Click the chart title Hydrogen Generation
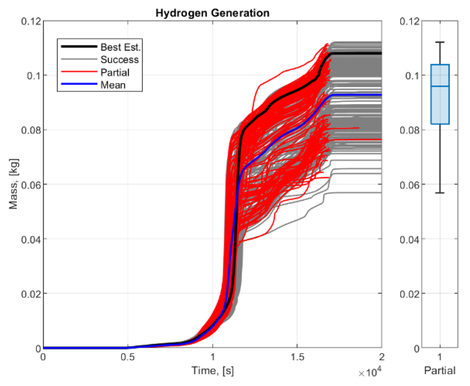click(212, 13)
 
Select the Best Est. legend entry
click(120, 47)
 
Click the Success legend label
click(120, 60)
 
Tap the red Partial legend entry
click(115, 73)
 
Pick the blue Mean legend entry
click(113, 85)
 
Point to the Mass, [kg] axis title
click(13, 184)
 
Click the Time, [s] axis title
click(212, 370)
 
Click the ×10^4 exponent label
click(369, 372)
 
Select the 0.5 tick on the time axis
click(127, 357)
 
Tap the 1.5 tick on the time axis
click(297, 357)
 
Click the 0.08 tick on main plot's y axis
click(31, 130)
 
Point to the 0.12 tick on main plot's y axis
click(31, 21)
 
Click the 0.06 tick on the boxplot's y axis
click(409, 185)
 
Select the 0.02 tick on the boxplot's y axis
click(409, 294)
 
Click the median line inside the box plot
click(440, 86)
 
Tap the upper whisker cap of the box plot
click(440, 42)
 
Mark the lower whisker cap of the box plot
click(440, 193)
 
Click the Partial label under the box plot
click(440, 370)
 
